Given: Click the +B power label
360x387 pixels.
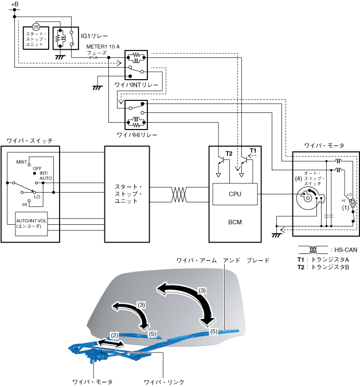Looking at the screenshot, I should click(15, 5).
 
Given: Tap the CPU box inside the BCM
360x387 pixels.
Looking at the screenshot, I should click(235, 194).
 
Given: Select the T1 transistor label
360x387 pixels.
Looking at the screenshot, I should click(252, 151).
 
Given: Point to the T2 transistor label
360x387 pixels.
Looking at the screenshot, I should click(229, 154).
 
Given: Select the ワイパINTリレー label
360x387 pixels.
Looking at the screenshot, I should click(136, 85).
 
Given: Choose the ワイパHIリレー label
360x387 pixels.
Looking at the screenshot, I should click(136, 135).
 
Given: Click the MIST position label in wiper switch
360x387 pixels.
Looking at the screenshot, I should click(22, 162).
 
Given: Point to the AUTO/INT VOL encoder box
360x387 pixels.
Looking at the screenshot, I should click(32, 223).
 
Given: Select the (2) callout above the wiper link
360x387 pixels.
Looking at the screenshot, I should click(114, 334).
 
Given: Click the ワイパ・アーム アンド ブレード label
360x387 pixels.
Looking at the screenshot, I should click(222, 260).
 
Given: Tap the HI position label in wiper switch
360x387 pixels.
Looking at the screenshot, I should click(25, 204).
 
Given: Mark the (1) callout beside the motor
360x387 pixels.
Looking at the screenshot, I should click(345, 208).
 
